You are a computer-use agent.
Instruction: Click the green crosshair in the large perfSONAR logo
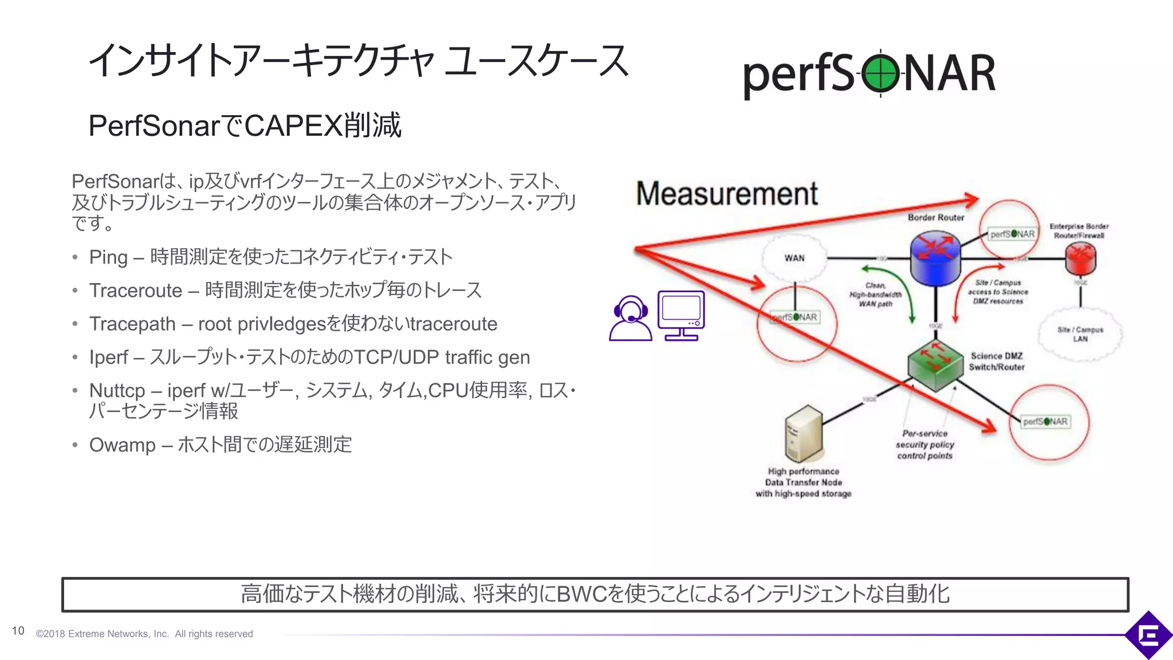[x=880, y=74]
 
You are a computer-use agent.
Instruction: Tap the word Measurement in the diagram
[x=727, y=194]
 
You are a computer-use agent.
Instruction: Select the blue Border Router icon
[x=935, y=257]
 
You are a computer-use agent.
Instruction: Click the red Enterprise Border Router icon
[x=1080, y=258]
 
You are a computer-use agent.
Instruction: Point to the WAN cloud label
[x=794, y=258]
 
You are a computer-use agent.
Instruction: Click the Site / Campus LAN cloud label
[x=1080, y=334]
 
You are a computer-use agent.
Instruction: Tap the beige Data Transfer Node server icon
[x=803, y=434]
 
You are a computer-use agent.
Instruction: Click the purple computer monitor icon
[x=681, y=316]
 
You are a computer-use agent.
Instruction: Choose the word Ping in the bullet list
[x=108, y=257]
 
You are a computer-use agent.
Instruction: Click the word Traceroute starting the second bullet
[x=136, y=290]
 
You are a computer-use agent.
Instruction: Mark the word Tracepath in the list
[x=132, y=324]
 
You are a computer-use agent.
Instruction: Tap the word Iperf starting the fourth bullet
[x=108, y=357]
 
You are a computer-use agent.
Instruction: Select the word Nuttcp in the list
[x=117, y=390]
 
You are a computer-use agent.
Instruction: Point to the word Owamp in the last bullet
[x=122, y=445]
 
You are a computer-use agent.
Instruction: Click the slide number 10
[x=18, y=631]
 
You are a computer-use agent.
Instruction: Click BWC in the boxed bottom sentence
[x=581, y=594]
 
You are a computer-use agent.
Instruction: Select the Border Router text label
[x=936, y=217]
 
